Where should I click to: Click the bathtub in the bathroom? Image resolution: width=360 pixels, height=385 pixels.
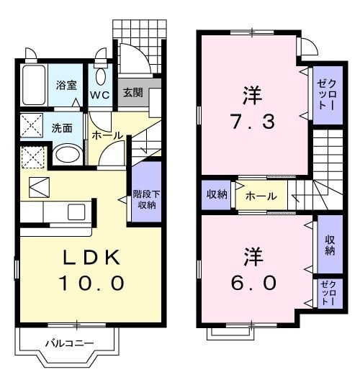(x=33, y=86)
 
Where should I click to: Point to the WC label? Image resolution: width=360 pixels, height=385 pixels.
(x=99, y=94)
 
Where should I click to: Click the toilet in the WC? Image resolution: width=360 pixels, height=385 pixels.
(x=100, y=77)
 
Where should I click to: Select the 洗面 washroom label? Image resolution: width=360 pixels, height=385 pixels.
(x=62, y=129)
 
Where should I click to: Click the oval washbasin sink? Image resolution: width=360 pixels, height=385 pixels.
(x=68, y=154)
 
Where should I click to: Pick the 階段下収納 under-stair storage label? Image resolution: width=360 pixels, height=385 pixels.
(x=146, y=198)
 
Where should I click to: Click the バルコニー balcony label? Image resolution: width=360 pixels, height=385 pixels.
(x=69, y=343)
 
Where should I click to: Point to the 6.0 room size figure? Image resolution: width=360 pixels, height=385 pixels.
(x=254, y=283)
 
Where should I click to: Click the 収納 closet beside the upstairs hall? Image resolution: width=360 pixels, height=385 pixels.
(x=215, y=194)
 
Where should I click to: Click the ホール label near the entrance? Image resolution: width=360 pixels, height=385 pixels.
(x=107, y=135)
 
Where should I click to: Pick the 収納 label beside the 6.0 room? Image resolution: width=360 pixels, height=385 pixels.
(x=329, y=245)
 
